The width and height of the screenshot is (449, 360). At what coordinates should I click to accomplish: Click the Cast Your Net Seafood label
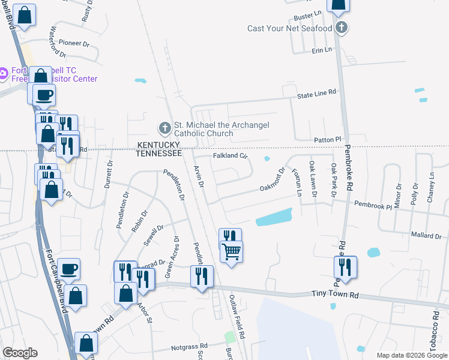tap(290, 28)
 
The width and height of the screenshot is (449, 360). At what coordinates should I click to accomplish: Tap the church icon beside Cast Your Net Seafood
tap(342, 28)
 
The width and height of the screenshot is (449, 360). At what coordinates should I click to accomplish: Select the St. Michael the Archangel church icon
tap(164, 128)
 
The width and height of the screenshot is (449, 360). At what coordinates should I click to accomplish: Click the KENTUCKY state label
tap(159, 145)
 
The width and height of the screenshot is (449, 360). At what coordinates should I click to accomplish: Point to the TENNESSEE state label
tap(159, 154)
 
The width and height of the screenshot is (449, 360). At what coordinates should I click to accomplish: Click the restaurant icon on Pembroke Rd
tap(345, 265)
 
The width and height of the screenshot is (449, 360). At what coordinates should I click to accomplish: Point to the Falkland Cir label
tap(231, 156)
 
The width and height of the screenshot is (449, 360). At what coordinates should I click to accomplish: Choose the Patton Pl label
tap(328, 139)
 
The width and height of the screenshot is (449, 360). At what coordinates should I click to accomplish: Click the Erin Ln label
tap(322, 51)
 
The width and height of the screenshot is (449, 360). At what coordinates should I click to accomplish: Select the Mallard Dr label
tap(427, 236)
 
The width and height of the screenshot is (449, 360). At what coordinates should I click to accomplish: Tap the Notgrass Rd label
tap(189, 346)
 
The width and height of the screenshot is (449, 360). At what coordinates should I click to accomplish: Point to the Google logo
tap(20, 353)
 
